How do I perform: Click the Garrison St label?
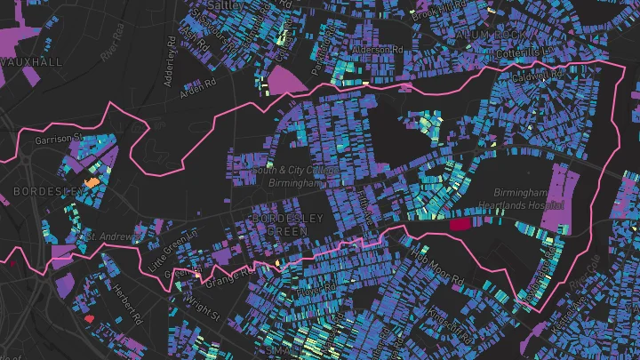click(58, 139)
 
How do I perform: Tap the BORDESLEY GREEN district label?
click(279, 224)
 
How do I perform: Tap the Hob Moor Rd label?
click(437, 264)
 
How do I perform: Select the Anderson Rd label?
click(372, 49)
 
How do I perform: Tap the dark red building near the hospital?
click(459, 225)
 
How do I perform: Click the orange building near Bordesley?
click(91, 181)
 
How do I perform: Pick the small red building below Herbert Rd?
click(87, 316)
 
